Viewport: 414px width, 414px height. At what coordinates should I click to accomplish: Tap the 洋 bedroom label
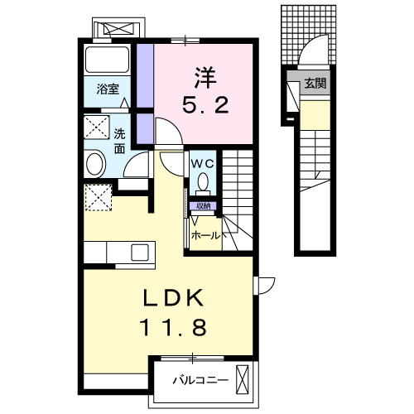pyautogui.click(x=206, y=79)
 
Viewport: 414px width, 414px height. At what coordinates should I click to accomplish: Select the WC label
pyautogui.click(x=204, y=162)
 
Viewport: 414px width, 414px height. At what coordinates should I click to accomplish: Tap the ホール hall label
pyautogui.click(x=205, y=235)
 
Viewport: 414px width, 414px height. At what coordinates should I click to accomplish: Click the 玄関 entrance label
pyautogui.click(x=315, y=83)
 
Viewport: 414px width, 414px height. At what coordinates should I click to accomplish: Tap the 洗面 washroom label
pyautogui.click(x=120, y=141)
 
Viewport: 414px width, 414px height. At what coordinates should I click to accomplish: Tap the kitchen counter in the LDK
pyautogui.click(x=118, y=252)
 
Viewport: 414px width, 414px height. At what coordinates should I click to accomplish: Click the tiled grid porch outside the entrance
pyautogui.click(x=310, y=33)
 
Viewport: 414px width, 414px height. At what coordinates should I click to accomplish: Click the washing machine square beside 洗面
pyautogui.click(x=97, y=129)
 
